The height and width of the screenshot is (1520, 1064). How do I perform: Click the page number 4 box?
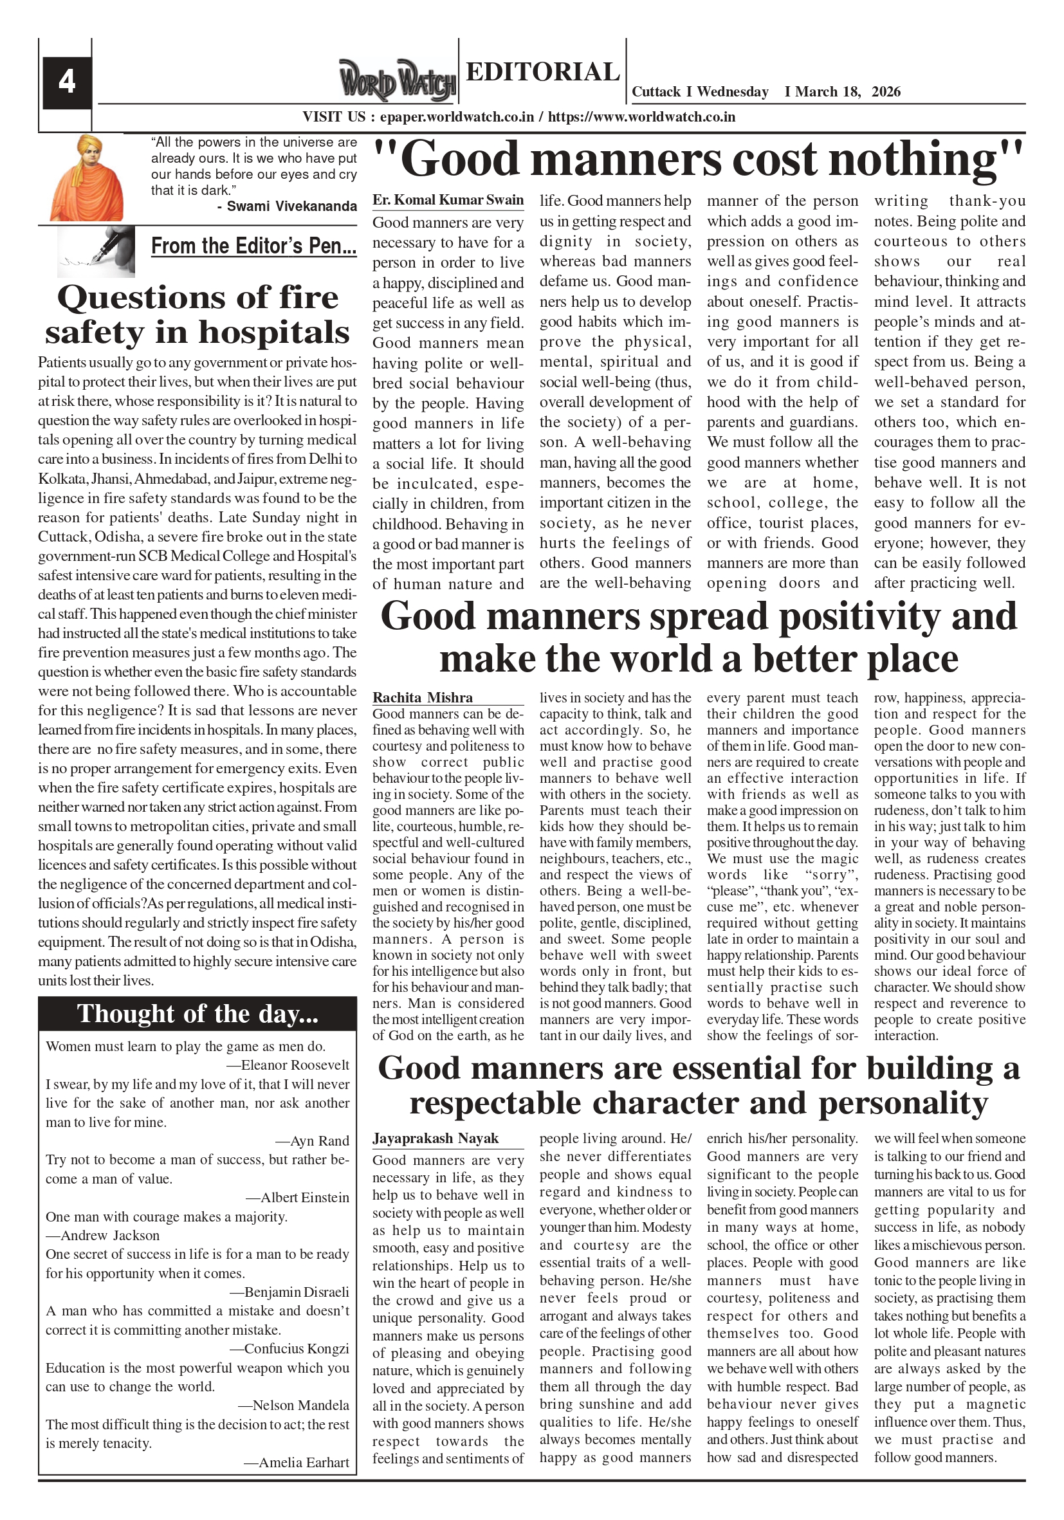(67, 83)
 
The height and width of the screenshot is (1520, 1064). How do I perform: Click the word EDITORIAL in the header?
(542, 71)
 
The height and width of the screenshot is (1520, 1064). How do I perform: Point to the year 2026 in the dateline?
(886, 92)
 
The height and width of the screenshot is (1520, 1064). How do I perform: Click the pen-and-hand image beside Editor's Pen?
(96, 251)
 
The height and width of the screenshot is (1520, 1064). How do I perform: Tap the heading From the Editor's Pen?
(253, 246)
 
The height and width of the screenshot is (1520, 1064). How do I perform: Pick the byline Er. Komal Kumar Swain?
(448, 200)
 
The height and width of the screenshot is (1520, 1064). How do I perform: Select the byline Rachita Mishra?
(423, 698)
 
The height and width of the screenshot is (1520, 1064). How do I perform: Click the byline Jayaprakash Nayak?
(435, 1139)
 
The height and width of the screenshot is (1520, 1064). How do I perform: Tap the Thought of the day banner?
(197, 1014)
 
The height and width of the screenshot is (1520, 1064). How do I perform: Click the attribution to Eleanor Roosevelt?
(295, 1065)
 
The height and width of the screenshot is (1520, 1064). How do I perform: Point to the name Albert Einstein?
(304, 1198)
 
